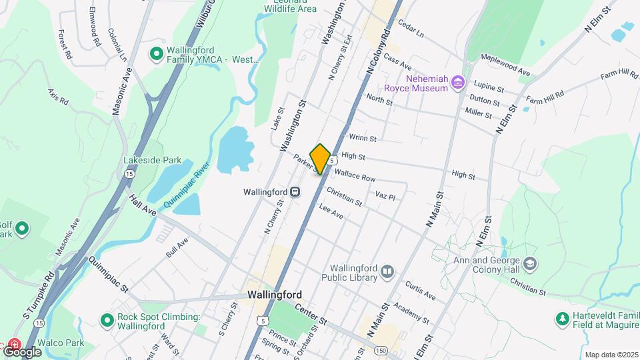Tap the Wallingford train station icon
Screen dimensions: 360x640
294,191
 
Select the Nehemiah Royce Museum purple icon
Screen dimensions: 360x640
457,82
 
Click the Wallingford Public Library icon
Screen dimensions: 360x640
387,271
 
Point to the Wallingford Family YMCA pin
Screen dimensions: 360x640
157,53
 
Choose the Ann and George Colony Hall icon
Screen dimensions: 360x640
530,263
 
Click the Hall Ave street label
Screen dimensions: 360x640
143,205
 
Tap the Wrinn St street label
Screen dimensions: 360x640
363,138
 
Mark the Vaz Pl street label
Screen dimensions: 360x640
385,197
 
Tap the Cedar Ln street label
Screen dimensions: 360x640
411,27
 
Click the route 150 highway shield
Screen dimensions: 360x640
380,351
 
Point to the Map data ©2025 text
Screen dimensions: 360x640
610,355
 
